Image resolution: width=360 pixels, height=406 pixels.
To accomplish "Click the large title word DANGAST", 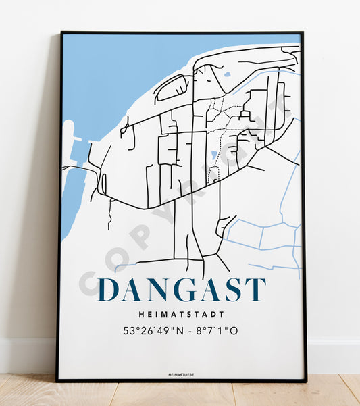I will [182, 290].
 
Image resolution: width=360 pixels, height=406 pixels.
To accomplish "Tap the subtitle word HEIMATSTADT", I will [182, 314].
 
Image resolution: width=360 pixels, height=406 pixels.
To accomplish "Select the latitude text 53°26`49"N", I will [152, 331].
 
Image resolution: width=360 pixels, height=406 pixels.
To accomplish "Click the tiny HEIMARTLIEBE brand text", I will [182, 372].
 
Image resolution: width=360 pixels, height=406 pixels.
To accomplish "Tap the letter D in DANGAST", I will [109, 290].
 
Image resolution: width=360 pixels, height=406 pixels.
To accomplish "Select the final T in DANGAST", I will [256, 290].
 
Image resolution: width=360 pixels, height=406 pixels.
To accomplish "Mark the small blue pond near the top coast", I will [227, 74].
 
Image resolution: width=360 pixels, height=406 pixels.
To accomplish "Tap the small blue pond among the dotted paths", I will [214, 155].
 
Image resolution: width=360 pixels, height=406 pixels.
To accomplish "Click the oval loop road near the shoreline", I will [172, 88].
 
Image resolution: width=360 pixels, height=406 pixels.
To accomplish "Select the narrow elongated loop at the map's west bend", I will [103, 183].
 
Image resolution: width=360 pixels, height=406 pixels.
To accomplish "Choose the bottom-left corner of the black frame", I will [58, 380].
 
